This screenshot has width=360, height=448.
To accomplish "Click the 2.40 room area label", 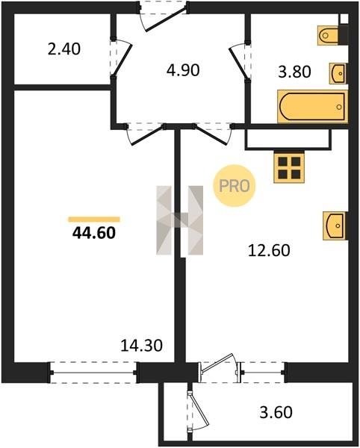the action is pyautogui.click(x=64, y=49).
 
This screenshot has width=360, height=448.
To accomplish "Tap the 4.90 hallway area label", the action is pyautogui.click(x=183, y=70).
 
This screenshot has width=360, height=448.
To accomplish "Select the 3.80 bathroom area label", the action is pyautogui.click(x=294, y=72).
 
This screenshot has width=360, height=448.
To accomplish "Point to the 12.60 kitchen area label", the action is pyautogui.click(x=269, y=250).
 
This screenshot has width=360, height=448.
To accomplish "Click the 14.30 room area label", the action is pyautogui.click(x=142, y=345).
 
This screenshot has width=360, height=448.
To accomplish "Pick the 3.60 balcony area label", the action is pyautogui.click(x=276, y=412).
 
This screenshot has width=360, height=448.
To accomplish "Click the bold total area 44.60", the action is pyautogui.click(x=94, y=232).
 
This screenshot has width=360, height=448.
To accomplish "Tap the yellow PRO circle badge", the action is pyautogui.click(x=235, y=186).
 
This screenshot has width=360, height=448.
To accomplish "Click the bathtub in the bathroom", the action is pyautogui.click(x=313, y=107).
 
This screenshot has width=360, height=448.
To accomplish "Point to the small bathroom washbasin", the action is pyautogui.click(x=338, y=73).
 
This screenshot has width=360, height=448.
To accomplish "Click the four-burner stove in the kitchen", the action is pyautogui.click(x=289, y=167).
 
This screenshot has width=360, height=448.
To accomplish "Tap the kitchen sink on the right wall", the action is pyautogui.click(x=335, y=225).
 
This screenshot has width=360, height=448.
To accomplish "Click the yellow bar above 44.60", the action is pyautogui.click(x=94, y=220).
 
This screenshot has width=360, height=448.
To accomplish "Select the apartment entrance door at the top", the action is pyautogui.click(x=164, y=16).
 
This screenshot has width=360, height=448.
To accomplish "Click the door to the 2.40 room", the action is pyautogui.click(x=120, y=58).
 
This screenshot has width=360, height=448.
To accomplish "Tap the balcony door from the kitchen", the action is pyautogui.click(x=220, y=367).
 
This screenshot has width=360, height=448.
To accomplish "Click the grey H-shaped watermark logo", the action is pyautogui.click(x=180, y=220).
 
